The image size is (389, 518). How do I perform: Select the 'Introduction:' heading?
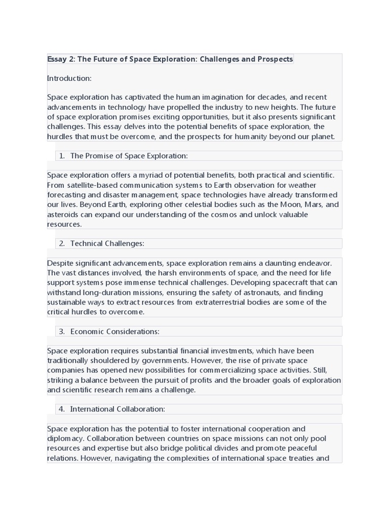point(69,78)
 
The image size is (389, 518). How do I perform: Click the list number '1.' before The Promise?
point(62,156)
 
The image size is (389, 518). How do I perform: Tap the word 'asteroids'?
point(63,214)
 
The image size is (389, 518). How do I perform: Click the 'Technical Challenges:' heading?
point(107,243)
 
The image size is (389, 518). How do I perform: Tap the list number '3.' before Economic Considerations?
point(62,331)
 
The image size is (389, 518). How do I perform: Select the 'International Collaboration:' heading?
point(118,409)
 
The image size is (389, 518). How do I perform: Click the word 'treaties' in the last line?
point(297,458)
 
